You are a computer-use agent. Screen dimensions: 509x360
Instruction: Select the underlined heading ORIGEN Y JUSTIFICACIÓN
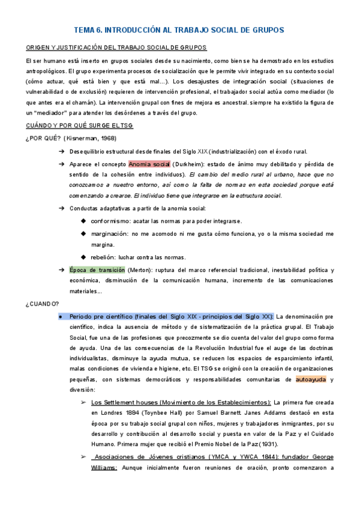pyautogui.click(x=116, y=47)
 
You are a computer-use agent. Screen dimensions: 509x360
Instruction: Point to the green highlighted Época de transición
pyautogui.click(x=97, y=270)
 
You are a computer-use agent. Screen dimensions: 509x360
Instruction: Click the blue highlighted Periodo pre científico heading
pyautogui.click(x=172, y=316)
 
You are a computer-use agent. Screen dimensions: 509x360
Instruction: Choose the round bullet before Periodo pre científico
pyautogui.click(x=61, y=316)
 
